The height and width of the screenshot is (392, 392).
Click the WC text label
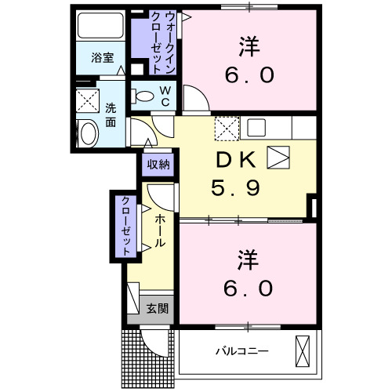pos(165,95)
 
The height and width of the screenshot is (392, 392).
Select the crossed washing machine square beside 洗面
pos(87,100)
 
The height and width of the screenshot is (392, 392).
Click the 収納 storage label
pos(158,164)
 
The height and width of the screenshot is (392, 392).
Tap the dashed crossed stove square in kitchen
pos(227,127)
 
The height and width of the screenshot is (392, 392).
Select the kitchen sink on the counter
pos(257,126)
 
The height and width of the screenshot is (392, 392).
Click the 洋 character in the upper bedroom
pos(249,45)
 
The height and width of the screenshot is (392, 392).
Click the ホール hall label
pos(159,232)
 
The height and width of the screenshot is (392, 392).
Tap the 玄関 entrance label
pos(158,308)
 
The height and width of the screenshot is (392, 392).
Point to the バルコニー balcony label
pos(242,350)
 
